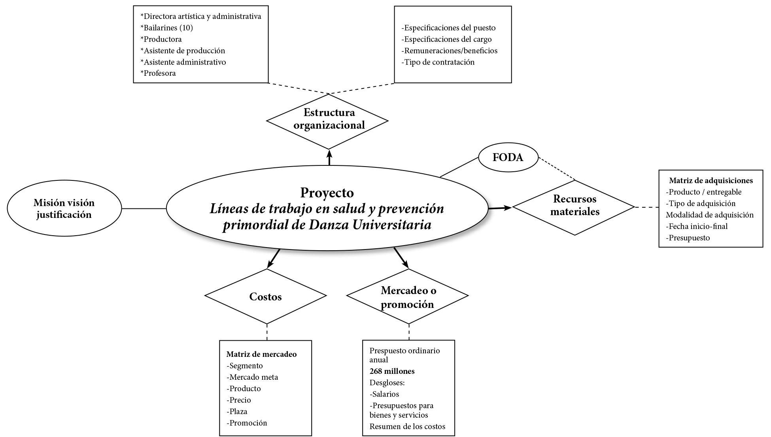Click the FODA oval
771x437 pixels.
tap(508, 157)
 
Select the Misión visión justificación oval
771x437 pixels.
tap(64, 208)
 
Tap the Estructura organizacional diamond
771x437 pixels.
tap(327, 119)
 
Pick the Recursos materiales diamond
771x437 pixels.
tap(574, 206)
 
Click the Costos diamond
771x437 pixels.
tap(265, 296)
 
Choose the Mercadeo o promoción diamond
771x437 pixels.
tap(408, 297)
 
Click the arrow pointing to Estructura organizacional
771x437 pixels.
tap(329, 157)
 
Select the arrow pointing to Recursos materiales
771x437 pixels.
tap(500, 207)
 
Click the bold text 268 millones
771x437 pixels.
tap(392, 371)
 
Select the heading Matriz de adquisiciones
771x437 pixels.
tap(711, 180)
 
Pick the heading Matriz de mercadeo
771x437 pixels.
tap(261, 354)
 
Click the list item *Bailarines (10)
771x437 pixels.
tap(166, 28)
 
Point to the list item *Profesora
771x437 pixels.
tap(158, 73)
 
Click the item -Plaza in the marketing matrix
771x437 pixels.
tap(237, 411)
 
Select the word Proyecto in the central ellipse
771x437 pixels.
tap(327, 193)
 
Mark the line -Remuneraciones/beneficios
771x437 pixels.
tap(449, 51)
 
